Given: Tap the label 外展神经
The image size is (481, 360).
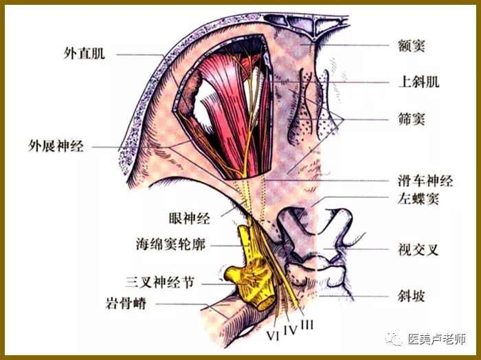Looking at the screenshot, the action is (x=56, y=146).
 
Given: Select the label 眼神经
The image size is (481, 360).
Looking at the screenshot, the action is (x=189, y=219).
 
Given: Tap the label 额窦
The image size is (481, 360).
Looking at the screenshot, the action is (x=412, y=45).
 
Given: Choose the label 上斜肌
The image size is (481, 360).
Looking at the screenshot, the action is (x=418, y=82).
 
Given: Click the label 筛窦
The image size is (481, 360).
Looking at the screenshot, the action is (x=412, y=119).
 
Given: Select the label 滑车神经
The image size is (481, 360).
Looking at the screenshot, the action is (x=425, y=181).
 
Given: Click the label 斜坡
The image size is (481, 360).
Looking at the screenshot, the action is (x=412, y=297).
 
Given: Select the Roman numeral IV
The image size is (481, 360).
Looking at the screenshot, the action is (x=291, y=329).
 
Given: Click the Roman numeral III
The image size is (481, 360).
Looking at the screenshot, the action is (x=306, y=322).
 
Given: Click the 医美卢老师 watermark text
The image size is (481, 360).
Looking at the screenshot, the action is (x=437, y=339).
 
